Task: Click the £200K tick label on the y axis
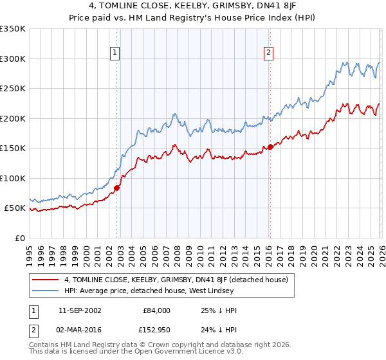pos(13,118)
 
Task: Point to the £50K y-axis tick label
pos(15,208)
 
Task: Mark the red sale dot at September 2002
pos(117,188)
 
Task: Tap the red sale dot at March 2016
pos(270,147)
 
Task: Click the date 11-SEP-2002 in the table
pos(79,310)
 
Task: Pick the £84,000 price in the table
pos(156,310)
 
